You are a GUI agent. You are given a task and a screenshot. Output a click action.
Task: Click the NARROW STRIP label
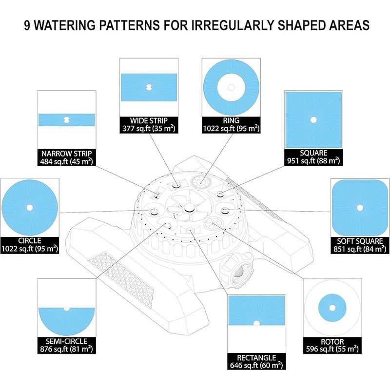67,157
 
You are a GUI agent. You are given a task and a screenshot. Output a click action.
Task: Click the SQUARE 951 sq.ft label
313,157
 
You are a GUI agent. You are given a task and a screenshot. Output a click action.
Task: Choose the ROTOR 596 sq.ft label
332,345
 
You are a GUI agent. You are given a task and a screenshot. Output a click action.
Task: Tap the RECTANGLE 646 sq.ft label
256,361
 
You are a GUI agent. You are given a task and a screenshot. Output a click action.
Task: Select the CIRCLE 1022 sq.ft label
30,245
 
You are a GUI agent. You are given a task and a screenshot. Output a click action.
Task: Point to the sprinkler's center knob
189,207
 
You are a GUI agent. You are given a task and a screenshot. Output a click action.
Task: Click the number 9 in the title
27,25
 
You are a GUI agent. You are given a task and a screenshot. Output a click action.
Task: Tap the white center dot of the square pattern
313,120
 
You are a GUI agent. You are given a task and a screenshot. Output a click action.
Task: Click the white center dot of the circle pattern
30,208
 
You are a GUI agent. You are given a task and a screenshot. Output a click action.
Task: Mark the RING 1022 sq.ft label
231,125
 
